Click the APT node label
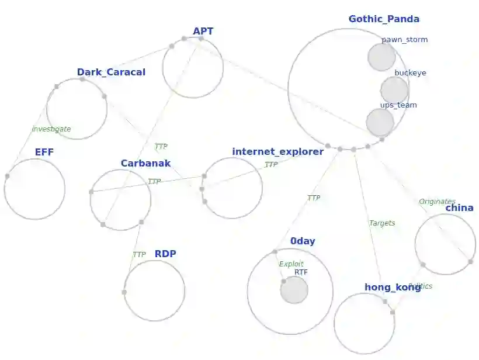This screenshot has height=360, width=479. click(x=203, y=32)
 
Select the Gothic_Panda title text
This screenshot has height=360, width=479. click(x=384, y=19)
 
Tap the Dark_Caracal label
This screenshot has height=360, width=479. click(x=111, y=72)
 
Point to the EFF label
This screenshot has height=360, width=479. click(x=44, y=153)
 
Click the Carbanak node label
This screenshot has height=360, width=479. click(x=145, y=164)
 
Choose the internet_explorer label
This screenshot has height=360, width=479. click(x=277, y=152)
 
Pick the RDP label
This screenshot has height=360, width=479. click(x=165, y=254)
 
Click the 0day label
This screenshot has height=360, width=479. click(x=303, y=241)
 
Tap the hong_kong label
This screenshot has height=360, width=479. click(x=393, y=288)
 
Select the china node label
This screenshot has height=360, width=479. click(x=459, y=208)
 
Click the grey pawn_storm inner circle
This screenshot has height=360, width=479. click(x=382, y=57)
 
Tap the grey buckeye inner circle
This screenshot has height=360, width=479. click(x=394, y=90)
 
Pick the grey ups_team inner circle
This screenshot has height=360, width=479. click(x=380, y=122)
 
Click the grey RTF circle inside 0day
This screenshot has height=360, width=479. click(x=294, y=290)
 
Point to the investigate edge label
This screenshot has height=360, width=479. click(x=51, y=129)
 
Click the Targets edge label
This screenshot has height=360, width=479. click(x=382, y=223)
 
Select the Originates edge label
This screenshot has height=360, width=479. click(x=437, y=202)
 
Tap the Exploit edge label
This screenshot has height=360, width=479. click(x=291, y=264)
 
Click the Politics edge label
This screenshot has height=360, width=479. click(x=421, y=286)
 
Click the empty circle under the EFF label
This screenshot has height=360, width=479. click(x=34, y=189)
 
